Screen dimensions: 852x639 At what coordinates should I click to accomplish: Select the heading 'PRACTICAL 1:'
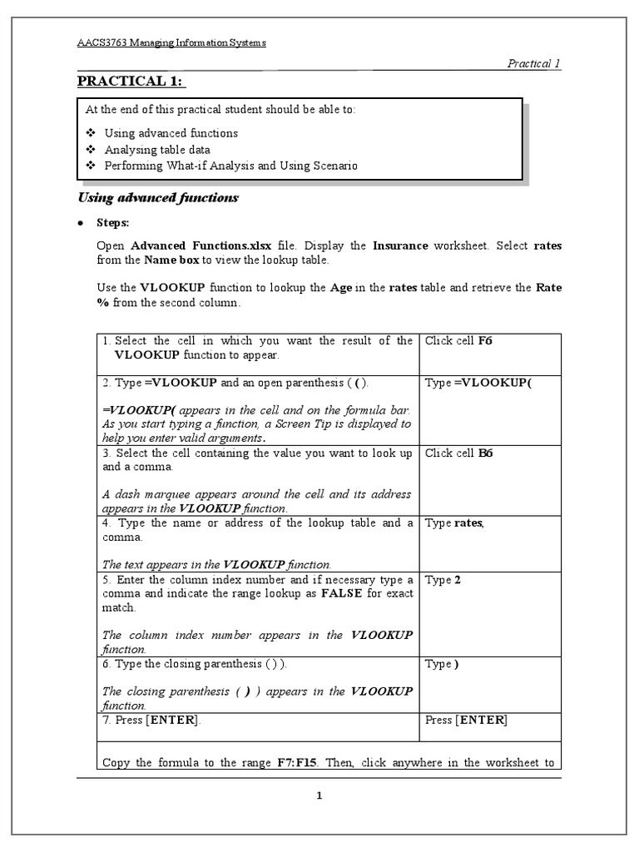coord(131,81)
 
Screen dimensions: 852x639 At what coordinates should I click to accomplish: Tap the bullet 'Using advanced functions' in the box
coord(171,133)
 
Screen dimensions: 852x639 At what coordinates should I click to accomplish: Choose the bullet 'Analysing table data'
coord(156,150)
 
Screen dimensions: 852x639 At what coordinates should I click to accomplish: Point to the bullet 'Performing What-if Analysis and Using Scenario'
coord(230,166)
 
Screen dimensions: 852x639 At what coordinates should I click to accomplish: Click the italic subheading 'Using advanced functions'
coord(158,198)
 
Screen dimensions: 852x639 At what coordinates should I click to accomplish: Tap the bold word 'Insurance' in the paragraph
coord(400,246)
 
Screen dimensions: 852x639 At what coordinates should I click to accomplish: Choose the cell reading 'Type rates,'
coord(454,523)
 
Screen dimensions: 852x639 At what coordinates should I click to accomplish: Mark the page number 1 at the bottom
coord(319,795)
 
